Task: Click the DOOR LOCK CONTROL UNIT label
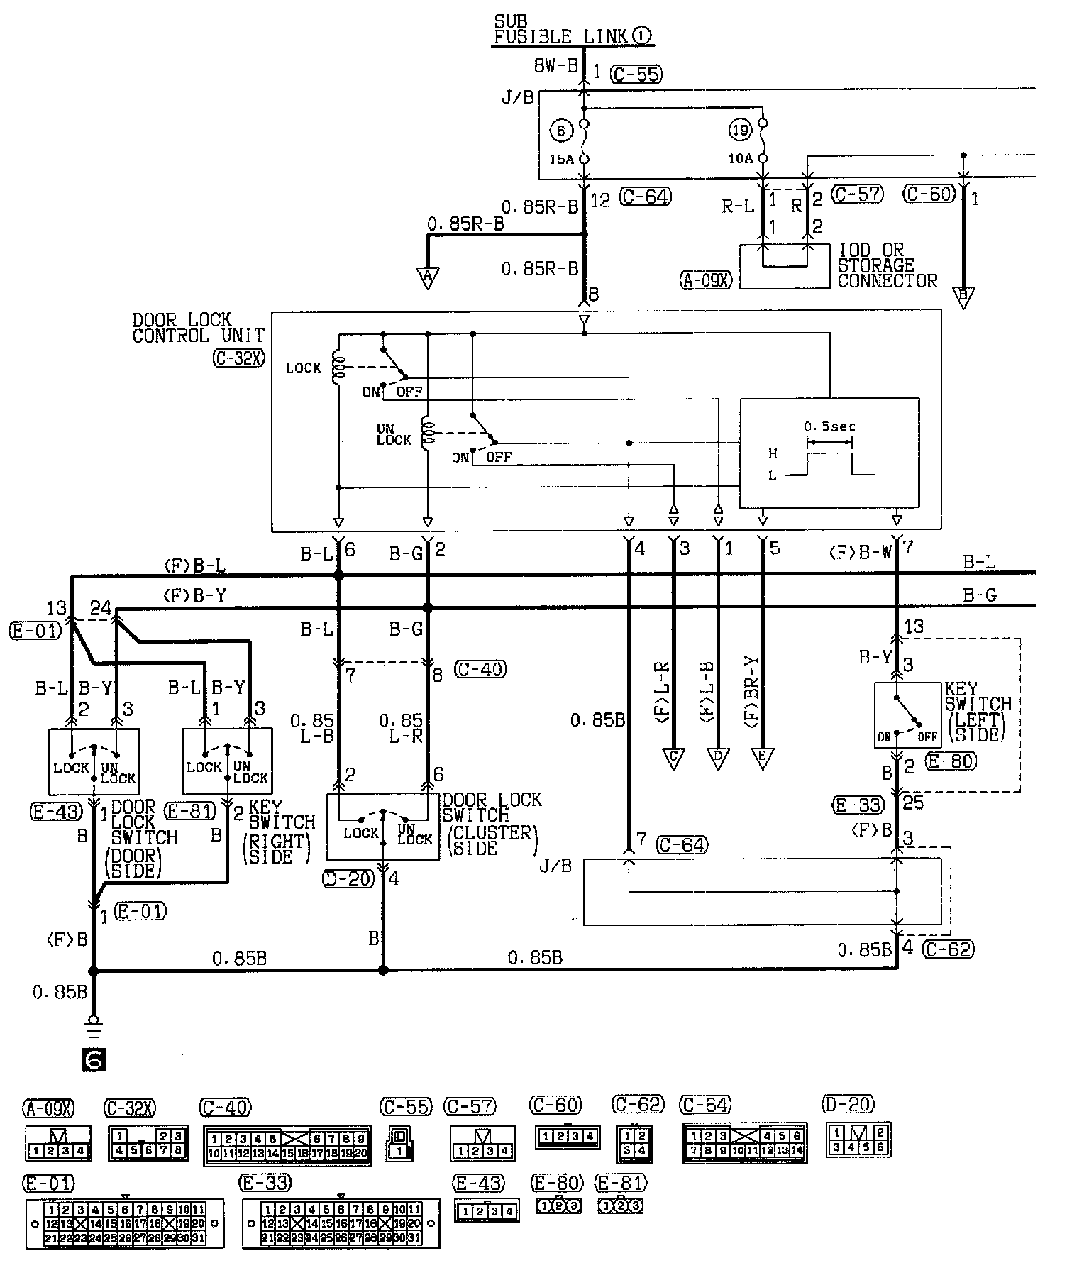tap(198, 329)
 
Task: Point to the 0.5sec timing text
tap(829, 426)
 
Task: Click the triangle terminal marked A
tap(428, 278)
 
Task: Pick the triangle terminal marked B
tap(963, 297)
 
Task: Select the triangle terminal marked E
tap(763, 759)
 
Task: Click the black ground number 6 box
tap(94, 1059)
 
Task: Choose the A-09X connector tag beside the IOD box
tap(706, 281)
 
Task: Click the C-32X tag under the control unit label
tap(238, 359)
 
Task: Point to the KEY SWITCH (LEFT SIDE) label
tap(978, 712)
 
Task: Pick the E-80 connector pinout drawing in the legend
tap(558, 1205)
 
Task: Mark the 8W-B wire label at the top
tap(555, 67)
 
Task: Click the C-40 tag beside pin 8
tap(480, 669)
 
